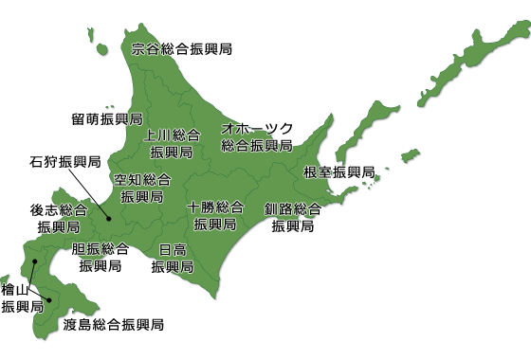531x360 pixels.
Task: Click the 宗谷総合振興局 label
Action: [182, 48]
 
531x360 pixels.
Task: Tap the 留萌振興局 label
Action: [106, 119]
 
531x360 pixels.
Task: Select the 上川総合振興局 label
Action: [173, 143]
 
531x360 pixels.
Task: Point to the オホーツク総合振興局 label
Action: [257, 137]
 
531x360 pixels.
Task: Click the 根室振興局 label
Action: [339, 172]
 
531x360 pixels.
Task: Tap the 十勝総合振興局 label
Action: [215, 216]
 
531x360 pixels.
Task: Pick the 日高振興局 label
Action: [173, 258]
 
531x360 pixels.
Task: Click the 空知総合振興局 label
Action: [142, 189]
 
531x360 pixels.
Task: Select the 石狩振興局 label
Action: [64, 162]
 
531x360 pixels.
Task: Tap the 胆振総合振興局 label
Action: [101, 257]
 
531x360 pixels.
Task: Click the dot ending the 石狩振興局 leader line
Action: [109, 220]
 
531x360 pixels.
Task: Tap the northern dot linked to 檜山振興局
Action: [35, 261]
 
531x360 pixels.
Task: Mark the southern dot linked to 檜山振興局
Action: [48, 300]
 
